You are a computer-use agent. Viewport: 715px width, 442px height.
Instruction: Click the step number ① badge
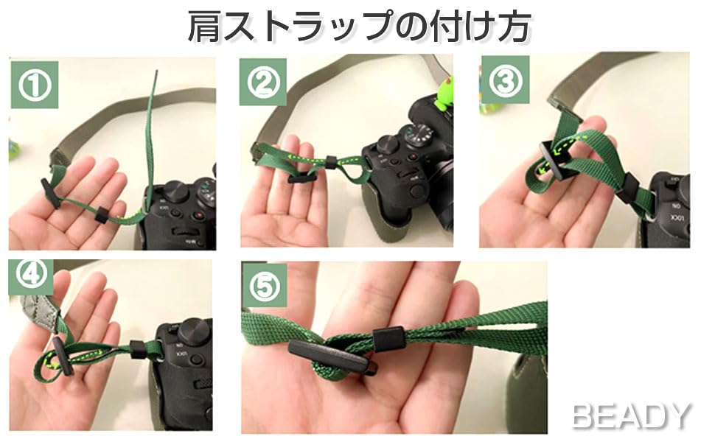point(35,85)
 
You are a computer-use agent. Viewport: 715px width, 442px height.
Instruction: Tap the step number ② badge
point(263,82)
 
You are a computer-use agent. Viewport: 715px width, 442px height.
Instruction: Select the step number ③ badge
point(505,80)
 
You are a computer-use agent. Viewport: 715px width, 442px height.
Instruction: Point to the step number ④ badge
point(31,275)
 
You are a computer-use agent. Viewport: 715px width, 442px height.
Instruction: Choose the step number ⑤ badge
point(264,285)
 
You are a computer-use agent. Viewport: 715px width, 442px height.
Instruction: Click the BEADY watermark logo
point(631,415)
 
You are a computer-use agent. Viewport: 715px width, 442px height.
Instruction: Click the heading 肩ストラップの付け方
point(359,27)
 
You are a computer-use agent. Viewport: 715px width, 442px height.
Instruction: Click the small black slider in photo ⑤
point(388,339)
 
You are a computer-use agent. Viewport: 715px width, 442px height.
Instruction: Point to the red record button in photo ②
point(413,158)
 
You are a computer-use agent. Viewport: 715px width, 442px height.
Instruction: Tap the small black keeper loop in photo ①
point(101,215)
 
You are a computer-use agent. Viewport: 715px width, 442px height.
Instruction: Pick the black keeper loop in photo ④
point(137,349)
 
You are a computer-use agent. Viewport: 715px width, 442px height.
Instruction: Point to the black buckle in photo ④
point(63,355)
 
